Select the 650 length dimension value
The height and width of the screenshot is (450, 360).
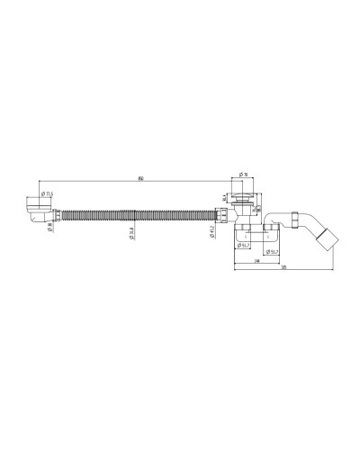141,179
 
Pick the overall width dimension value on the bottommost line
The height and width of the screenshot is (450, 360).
284,267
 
